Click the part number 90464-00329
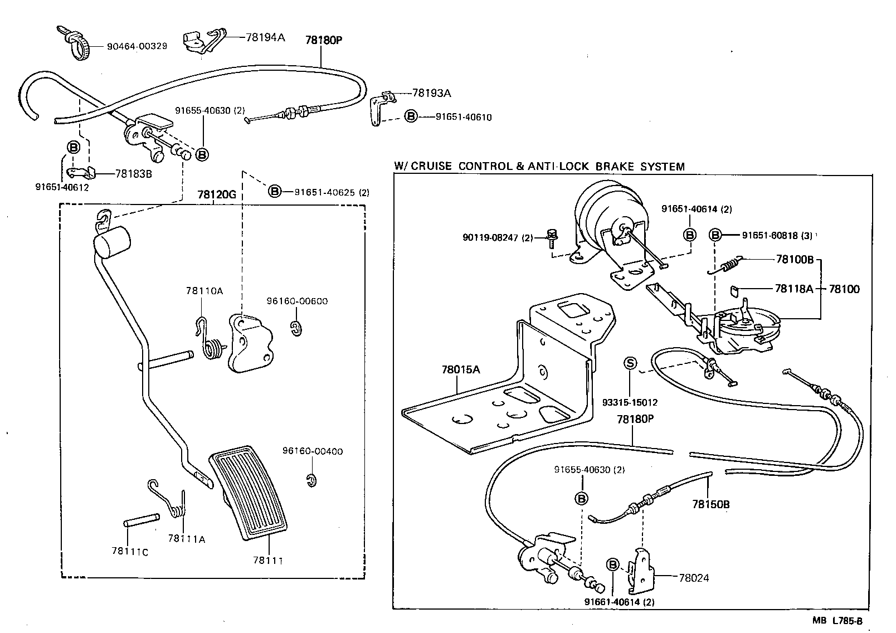pos(137,46)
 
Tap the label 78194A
pos(265,37)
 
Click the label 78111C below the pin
pos(129,551)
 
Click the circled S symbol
pos(630,364)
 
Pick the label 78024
pos(694,578)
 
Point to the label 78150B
pos(710,505)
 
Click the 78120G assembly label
pos(217,195)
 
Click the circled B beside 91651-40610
pos(410,117)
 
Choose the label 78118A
pos(793,289)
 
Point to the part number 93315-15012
pos(630,402)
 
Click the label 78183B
pos(133,174)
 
